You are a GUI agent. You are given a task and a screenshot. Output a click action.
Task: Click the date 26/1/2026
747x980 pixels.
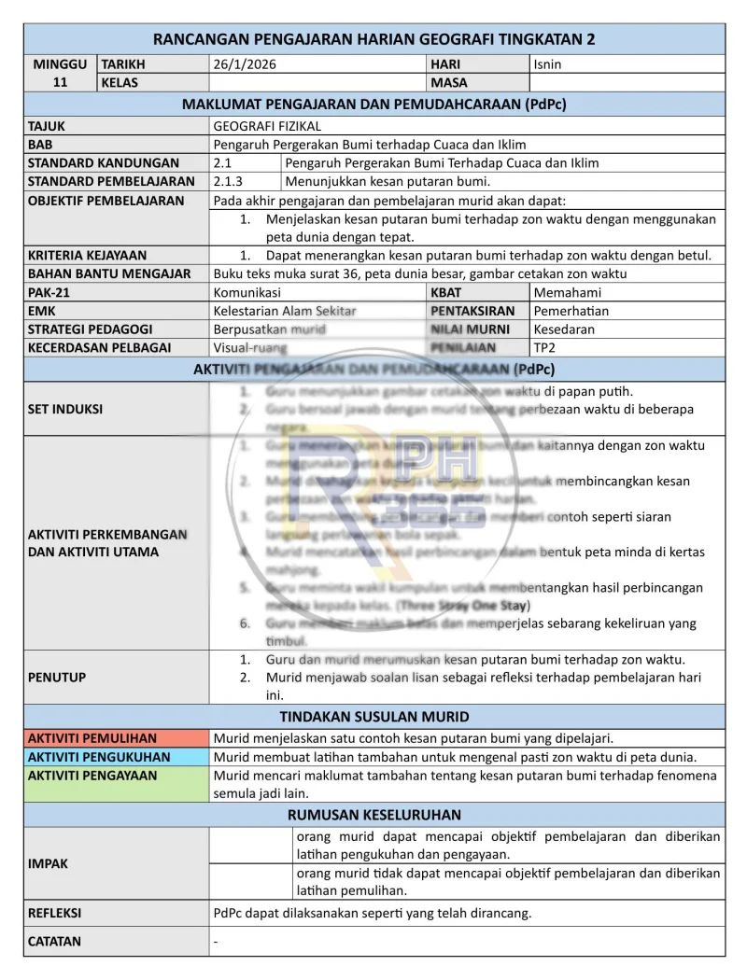coord(245,64)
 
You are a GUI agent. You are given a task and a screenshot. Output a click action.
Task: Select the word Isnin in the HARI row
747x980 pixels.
coord(547,64)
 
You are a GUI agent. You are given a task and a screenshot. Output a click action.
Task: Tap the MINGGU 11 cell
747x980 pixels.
coord(61,74)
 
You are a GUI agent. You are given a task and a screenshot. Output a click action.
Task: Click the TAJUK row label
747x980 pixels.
coord(48,125)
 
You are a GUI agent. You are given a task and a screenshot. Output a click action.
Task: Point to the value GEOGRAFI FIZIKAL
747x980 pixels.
coord(267,125)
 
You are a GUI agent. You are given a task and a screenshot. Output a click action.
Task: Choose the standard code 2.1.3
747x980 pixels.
coord(228,181)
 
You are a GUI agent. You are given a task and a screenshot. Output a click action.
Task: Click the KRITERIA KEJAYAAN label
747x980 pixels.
coord(87,255)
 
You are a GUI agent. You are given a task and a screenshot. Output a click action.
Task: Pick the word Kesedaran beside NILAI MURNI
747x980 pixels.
coord(564,329)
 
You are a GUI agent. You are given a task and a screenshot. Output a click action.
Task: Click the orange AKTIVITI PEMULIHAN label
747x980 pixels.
coord(92,738)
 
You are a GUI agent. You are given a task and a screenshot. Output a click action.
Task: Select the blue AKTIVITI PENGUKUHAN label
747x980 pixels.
coord(99,757)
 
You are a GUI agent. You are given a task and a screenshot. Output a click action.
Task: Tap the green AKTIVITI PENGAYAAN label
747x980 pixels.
coord(92,776)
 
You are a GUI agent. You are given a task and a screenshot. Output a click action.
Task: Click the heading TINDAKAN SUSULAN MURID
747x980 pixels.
coord(374,717)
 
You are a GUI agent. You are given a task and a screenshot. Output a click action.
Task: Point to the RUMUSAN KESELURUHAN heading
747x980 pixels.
coord(374,815)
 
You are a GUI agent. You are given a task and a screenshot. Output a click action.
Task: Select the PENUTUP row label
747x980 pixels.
coord(57,677)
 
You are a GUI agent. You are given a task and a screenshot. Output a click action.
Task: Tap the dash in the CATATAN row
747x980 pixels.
coord(216,942)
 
